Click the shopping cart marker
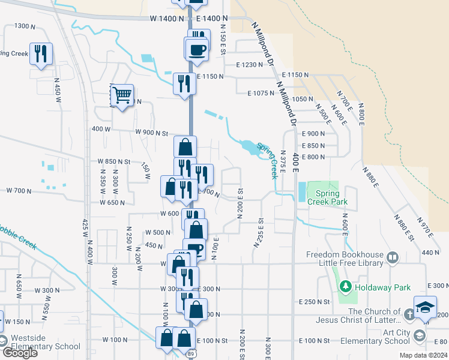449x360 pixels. (122, 95)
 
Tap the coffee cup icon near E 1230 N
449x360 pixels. (197, 50)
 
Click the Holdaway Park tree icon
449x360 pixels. (345, 287)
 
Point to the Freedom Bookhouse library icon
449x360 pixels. (393, 257)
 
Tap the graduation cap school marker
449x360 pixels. (425, 308)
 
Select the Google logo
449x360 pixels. (19, 353)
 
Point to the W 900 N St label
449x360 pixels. (154, 133)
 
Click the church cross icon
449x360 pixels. (409, 314)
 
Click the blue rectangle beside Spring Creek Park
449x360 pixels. (300, 192)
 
